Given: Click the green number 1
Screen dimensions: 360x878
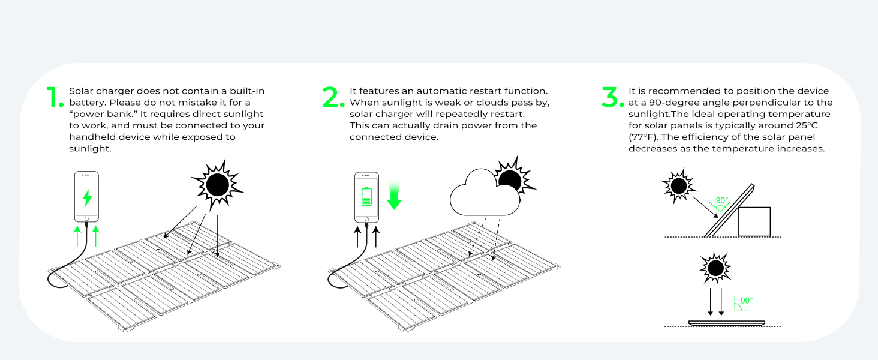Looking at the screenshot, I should [x=55, y=98].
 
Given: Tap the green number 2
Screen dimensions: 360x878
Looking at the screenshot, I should [x=333, y=98].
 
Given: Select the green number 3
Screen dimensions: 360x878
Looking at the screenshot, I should [x=612, y=98].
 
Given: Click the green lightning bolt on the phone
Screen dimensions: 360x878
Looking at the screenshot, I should [x=87, y=197].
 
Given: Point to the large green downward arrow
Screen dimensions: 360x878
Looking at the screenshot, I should [x=394, y=196].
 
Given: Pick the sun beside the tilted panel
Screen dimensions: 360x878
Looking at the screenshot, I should [x=679, y=186].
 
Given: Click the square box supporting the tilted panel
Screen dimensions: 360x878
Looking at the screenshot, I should [x=754, y=221].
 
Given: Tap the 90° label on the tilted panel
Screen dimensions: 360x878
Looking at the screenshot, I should [x=721, y=200].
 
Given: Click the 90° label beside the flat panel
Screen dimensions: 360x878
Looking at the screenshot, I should [x=746, y=301].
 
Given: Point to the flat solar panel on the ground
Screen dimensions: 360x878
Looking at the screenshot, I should [x=727, y=323].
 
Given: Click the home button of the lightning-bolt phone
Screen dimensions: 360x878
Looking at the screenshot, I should [x=87, y=219].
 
